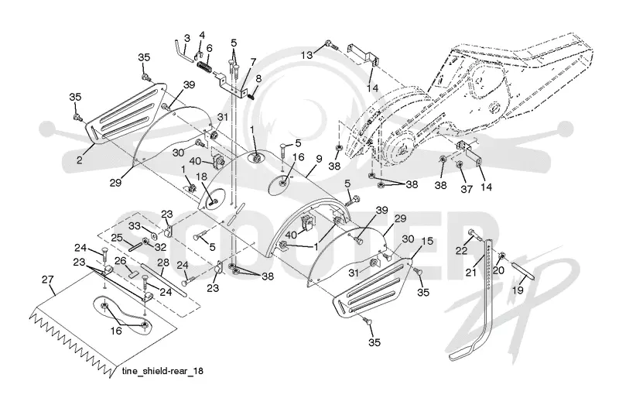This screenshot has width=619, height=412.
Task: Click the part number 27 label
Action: tap(47, 280)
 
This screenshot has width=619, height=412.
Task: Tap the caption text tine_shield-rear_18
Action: tap(163, 371)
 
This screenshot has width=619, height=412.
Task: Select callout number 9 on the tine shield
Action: tap(319, 159)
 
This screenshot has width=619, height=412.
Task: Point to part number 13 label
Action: tap(306, 55)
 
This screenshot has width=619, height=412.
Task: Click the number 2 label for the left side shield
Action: tap(80, 160)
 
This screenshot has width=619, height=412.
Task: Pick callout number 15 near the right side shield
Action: tap(428, 241)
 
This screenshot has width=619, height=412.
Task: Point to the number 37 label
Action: tap(467, 189)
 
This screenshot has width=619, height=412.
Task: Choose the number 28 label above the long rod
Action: tap(163, 263)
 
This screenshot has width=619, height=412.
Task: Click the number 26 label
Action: tap(120, 261)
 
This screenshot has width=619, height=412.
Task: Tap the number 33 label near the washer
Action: tap(135, 226)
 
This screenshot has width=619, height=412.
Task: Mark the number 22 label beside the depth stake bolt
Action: tap(461, 250)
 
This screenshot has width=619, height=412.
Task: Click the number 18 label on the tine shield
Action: tap(201, 177)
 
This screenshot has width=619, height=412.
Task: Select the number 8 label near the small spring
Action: tap(258, 78)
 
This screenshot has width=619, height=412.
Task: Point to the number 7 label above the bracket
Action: tap(253, 62)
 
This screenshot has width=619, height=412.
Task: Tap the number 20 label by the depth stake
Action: tap(498, 270)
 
